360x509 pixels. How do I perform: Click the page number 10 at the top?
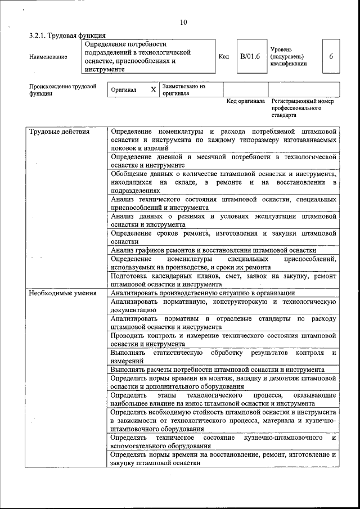(183, 23)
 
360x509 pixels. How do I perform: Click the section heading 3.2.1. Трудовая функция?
(67, 36)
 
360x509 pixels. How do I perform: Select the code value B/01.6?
(249, 56)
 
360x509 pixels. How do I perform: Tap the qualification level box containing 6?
(331, 56)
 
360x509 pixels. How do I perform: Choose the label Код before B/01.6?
(224, 57)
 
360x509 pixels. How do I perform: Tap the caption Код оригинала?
(245, 101)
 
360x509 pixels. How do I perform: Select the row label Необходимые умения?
(62, 293)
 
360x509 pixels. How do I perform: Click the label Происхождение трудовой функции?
(62, 90)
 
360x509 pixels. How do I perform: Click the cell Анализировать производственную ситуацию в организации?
(202, 293)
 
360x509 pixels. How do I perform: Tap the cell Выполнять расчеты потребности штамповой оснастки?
(217, 370)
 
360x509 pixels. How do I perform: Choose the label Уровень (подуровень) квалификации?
(289, 57)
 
